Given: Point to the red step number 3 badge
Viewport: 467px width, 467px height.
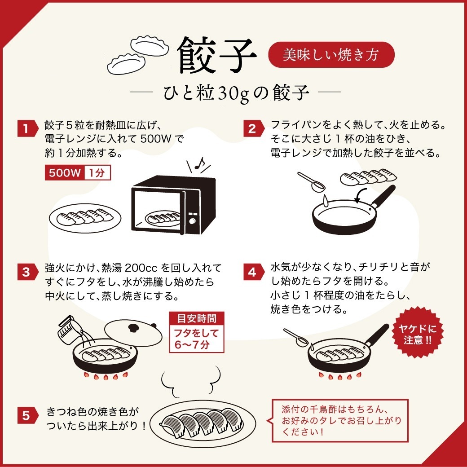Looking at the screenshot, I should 26,272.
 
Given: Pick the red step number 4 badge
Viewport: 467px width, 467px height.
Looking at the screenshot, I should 252,272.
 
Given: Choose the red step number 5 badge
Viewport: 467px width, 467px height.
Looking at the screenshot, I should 26,415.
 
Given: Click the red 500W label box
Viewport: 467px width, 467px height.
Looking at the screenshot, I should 64,173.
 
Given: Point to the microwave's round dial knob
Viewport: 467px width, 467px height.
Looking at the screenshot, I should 192,221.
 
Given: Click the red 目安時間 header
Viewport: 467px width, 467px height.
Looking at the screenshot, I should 196,319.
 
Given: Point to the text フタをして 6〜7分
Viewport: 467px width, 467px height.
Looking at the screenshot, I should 196,339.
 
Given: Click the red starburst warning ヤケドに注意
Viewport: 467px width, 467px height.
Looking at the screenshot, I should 414,334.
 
